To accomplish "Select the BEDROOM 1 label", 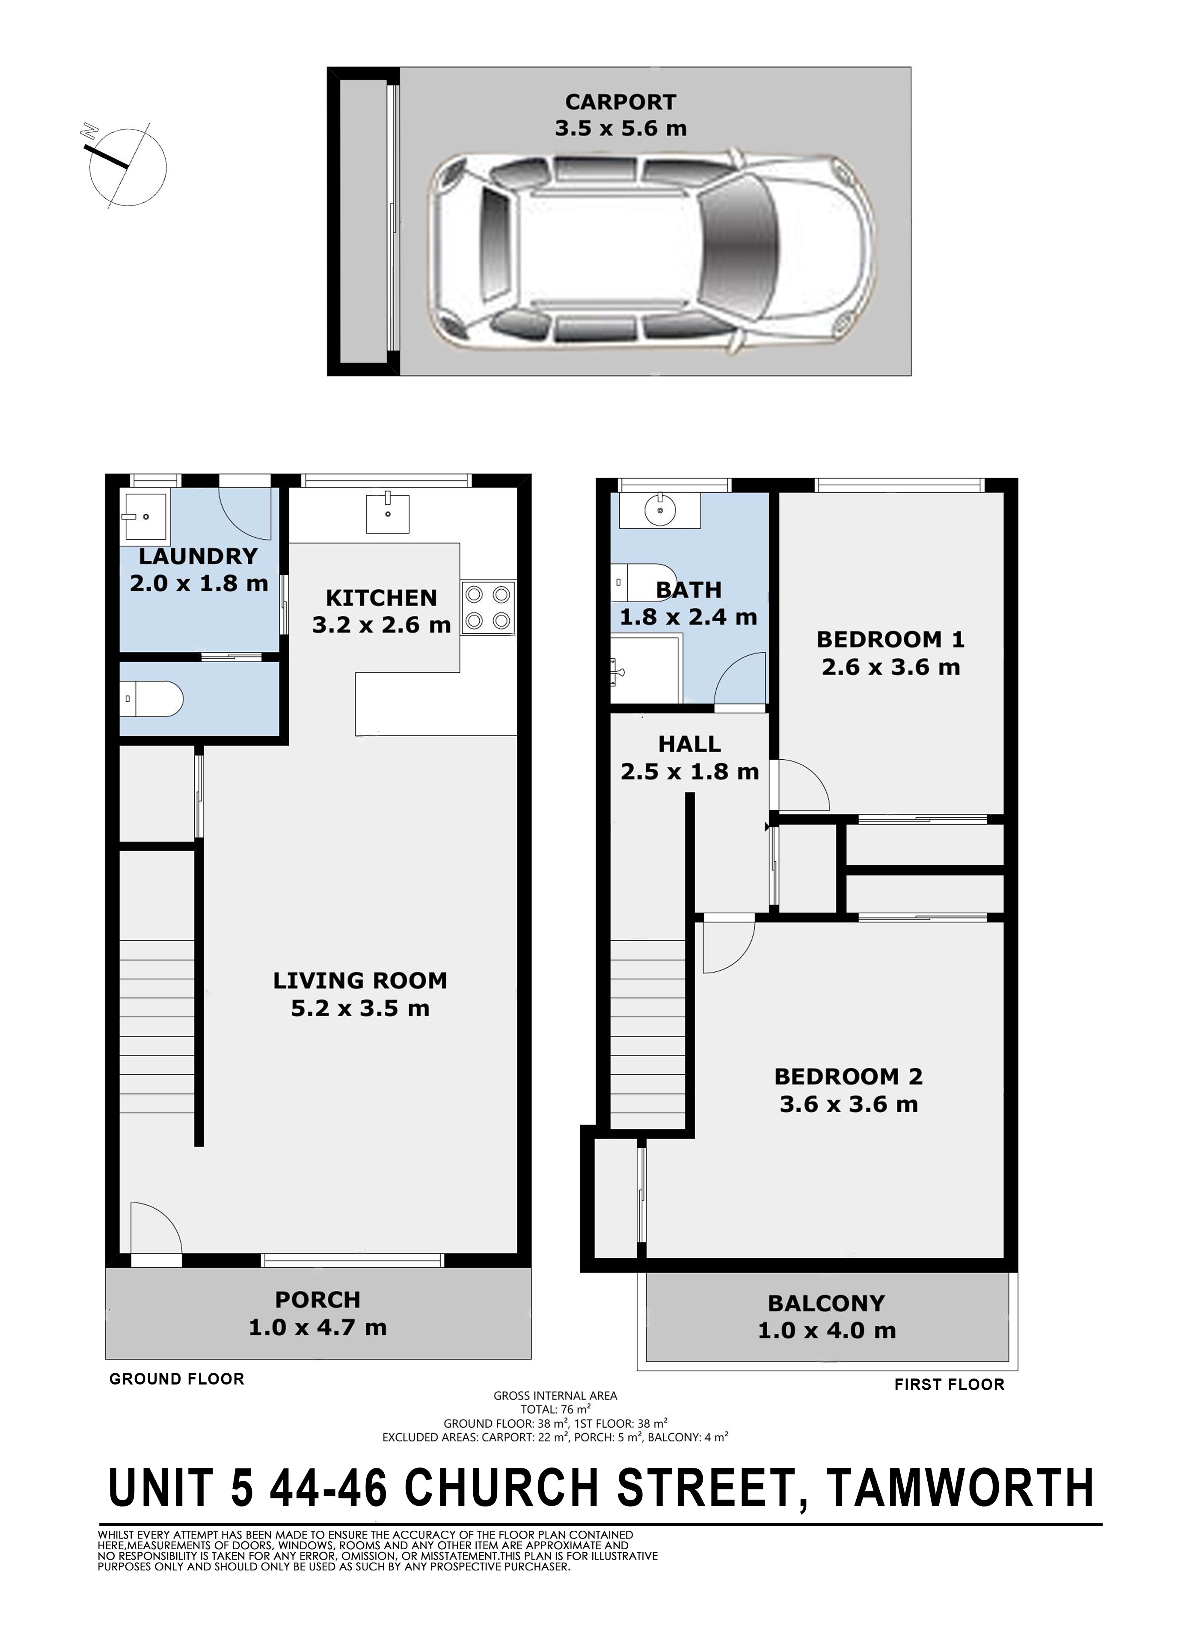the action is click(x=890, y=639).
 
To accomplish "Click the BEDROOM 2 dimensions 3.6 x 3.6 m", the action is click(x=849, y=1105).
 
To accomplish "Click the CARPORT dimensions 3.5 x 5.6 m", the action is click(x=620, y=129).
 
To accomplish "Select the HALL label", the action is click(x=690, y=744).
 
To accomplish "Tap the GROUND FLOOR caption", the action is click(x=177, y=1379).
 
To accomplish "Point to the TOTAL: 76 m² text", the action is click(x=555, y=1409).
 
